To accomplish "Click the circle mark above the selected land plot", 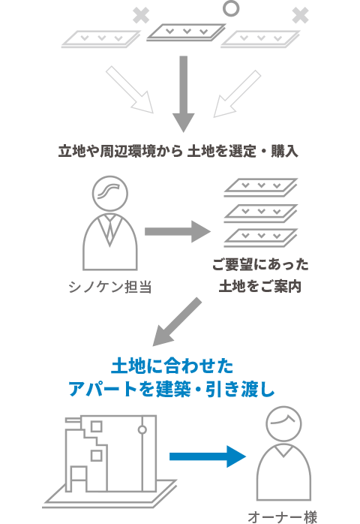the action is (231, 2).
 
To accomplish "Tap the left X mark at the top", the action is (141, 16).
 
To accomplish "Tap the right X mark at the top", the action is (300, 16).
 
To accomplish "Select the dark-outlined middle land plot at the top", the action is (186, 33).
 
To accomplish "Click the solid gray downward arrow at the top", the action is (183, 94).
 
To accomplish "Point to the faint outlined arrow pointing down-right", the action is (130, 89).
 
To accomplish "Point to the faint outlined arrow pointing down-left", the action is (237, 94).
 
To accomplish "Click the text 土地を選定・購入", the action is (243, 152).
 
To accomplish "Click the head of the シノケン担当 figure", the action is (109, 194).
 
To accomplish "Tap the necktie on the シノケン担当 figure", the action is (109, 228).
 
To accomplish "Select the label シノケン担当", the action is (109, 287).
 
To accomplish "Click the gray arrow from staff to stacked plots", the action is (178, 231).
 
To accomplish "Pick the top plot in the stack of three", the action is (261, 187).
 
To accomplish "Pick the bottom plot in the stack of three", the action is (261, 238).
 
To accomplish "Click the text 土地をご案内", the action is (260, 287).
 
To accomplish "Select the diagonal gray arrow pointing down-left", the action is (177, 322).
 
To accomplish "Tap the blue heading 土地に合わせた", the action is (172, 366).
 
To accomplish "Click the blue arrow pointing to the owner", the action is (208, 456).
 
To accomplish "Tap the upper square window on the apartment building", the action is (97, 426).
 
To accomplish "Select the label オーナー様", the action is (283, 518).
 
